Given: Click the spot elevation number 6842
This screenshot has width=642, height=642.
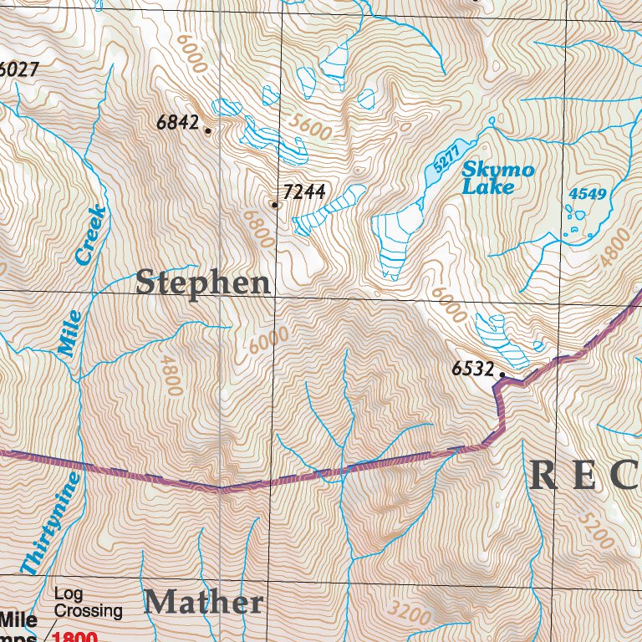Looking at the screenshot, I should [x=177, y=123].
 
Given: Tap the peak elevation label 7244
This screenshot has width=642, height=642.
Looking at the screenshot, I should [x=304, y=193].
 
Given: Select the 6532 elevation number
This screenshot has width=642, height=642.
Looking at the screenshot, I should [x=472, y=368].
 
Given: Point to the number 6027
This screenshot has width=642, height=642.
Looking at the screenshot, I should [x=19, y=69].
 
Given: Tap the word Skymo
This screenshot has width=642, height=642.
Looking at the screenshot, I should [x=498, y=171].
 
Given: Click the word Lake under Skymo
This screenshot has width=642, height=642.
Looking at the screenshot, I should [x=489, y=188].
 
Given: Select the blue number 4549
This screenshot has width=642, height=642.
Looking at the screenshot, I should [x=587, y=194].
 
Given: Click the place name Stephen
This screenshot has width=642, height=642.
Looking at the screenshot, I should [x=204, y=283].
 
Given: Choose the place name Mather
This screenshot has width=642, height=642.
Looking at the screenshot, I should [x=204, y=602].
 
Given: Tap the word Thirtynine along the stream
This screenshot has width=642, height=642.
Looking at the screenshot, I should [x=53, y=525].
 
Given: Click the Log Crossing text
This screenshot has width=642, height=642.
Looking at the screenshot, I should [x=88, y=603].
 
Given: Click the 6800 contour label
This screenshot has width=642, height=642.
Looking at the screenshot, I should [x=258, y=227].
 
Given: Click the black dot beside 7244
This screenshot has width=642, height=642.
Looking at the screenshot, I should [x=274, y=204].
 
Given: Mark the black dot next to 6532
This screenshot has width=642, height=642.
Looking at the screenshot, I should [x=502, y=374].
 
